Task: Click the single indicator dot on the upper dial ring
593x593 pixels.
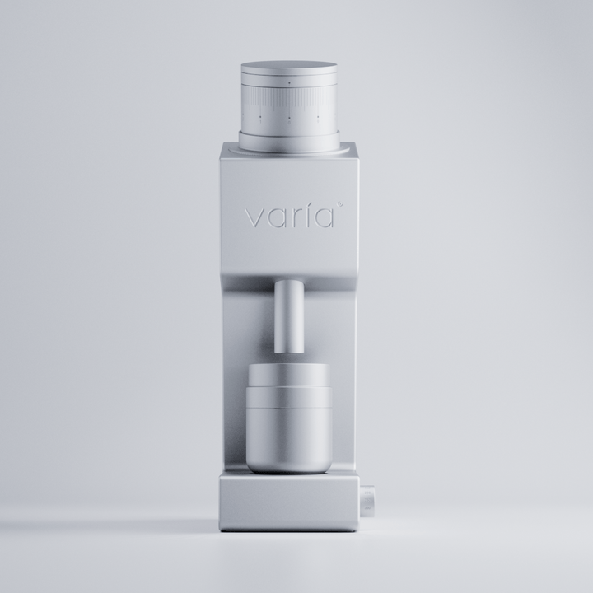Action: click(x=289, y=83)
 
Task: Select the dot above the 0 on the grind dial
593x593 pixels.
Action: click(x=289, y=117)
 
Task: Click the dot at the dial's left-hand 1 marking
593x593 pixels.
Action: click(x=259, y=117)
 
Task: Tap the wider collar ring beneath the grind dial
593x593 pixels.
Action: click(x=289, y=142)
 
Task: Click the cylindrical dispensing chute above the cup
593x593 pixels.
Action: click(x=289, y=313)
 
